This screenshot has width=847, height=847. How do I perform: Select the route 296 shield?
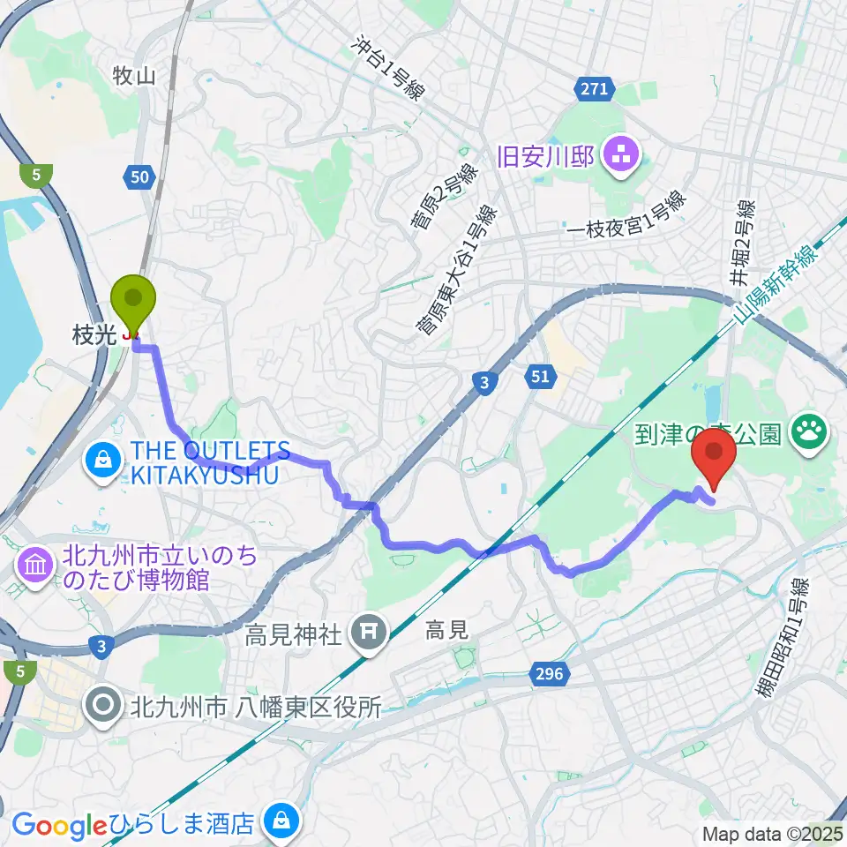[x=548, y=675]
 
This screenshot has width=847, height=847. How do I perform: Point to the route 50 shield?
[x=139, y=177]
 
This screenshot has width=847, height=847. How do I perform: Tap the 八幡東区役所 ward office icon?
[x=104, y=705]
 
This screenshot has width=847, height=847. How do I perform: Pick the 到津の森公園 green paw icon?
[x=806, y=432]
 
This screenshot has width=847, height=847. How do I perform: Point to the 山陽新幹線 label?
[x=777, y=287]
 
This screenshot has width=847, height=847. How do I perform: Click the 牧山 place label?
[x=134, y=76]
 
